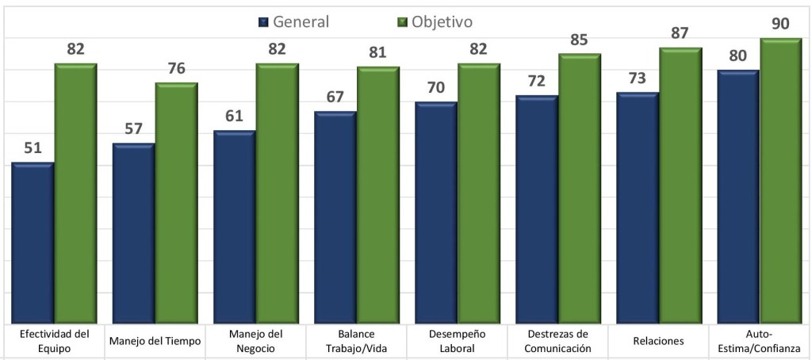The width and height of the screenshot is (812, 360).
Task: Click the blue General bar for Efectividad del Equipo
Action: pos(33,243)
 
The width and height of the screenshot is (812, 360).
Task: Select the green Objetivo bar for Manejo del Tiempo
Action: pos(176,203)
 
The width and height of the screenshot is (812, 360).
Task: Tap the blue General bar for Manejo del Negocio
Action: pos(234,227)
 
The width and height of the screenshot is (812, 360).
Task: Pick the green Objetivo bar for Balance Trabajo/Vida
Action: pos(377,195)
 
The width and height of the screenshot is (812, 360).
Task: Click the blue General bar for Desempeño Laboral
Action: pos(435,213)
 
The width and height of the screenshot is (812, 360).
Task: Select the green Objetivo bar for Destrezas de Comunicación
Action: pos(580,189)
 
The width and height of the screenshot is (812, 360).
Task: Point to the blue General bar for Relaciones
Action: pos(638,208)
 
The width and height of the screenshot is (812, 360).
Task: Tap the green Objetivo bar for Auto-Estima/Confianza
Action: pos(781,181)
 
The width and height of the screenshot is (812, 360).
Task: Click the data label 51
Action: pos(33,147)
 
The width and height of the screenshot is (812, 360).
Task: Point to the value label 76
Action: pos(176,68)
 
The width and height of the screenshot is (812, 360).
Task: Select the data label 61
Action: pos(234,116)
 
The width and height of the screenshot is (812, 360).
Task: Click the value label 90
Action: pos(781,24)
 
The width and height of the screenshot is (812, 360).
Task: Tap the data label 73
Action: pos(638,78)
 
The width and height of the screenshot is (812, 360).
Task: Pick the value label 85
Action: pos(580,39)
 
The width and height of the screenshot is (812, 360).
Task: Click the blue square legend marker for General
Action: pos(264,22)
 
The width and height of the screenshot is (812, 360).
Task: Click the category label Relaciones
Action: pos(657,341)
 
